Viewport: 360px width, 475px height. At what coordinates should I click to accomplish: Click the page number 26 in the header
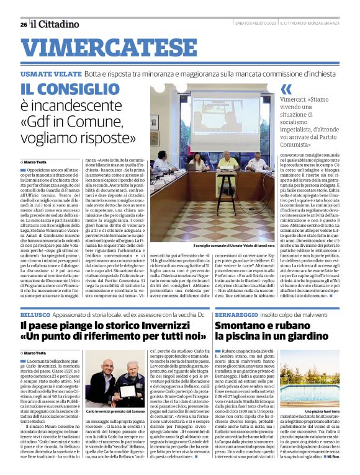[24, 24]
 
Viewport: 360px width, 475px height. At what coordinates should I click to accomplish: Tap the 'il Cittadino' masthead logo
[55, 24]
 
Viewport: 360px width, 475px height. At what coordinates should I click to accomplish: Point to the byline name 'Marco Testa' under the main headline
[37, 161]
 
